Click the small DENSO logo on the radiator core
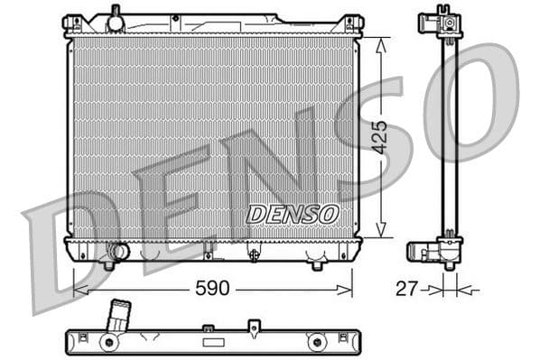point(293,215)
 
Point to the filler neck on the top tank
point(115,15)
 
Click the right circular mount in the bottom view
point(316,342)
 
